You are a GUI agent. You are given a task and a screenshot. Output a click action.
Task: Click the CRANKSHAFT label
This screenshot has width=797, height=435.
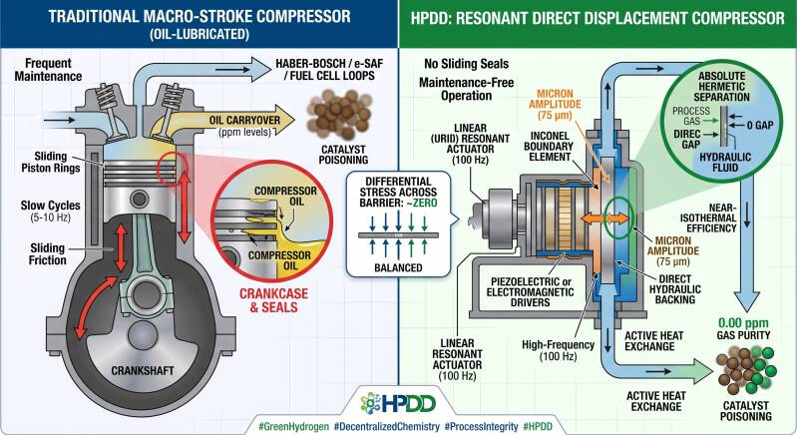(143, 370)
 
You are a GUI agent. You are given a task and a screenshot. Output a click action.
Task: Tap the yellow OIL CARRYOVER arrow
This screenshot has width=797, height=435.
(238, 121)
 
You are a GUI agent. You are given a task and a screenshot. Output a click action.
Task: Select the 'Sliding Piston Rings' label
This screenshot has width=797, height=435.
(50, 162)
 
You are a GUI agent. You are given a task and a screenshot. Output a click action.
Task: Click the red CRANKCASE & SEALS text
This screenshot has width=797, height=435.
(273, 300)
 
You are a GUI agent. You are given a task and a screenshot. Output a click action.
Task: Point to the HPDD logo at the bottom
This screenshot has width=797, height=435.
(398, 403)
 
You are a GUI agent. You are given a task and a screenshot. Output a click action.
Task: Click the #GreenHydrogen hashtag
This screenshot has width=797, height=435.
(293, 426)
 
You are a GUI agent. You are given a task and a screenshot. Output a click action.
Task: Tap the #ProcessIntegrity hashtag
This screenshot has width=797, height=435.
(481, 426)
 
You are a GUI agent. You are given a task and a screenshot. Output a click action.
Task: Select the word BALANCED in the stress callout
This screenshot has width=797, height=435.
(398, 267)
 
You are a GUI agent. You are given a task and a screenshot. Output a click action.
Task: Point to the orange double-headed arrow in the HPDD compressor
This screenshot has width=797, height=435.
(603, 219)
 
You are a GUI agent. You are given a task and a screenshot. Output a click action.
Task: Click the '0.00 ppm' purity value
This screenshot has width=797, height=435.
(743, 322)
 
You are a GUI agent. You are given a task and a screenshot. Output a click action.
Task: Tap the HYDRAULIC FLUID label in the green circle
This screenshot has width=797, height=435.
(725, 162)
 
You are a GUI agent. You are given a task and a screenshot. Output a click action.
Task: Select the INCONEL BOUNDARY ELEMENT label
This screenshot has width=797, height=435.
(549, 147)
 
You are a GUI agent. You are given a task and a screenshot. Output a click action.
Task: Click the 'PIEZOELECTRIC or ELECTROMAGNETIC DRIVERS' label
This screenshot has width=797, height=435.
(530, 291)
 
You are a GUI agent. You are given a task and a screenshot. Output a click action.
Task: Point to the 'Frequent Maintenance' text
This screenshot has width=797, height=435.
(48, 70)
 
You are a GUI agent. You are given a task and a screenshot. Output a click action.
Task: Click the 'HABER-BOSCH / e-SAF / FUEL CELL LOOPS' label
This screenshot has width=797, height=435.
(329, 70)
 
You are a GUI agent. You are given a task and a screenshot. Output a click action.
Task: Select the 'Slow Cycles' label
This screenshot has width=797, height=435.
(50, 206)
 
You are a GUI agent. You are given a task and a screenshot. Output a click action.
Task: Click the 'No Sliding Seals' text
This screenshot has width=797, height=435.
(466, 64)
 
